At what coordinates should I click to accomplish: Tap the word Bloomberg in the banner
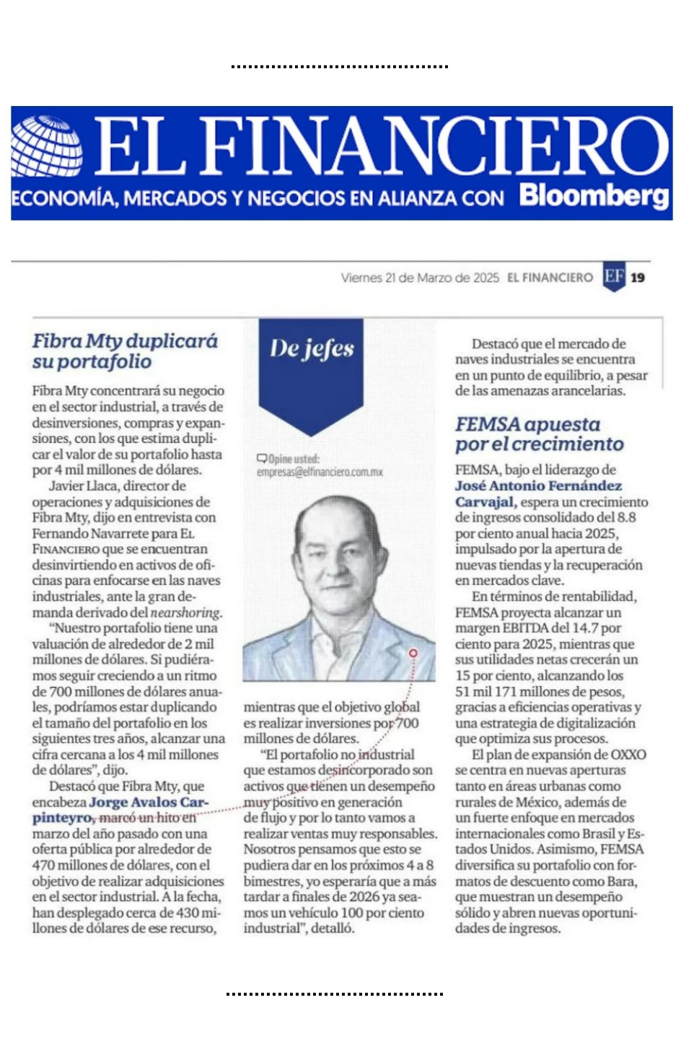594,196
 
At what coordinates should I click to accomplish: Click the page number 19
638,278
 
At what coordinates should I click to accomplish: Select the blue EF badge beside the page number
614,277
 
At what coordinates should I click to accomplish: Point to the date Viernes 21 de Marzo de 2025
420,278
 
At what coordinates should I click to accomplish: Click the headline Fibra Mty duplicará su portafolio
124,351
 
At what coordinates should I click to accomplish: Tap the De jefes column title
312,349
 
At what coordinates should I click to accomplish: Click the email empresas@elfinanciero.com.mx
320,472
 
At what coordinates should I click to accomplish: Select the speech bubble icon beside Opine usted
262,459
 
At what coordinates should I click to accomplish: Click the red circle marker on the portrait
413,653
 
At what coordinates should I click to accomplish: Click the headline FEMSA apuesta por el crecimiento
538,433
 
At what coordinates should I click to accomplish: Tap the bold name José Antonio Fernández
538,486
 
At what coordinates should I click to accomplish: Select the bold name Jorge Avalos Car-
149,802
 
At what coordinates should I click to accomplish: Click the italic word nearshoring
185,612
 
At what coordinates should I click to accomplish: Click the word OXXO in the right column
628,754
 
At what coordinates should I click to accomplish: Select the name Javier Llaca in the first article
82,486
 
